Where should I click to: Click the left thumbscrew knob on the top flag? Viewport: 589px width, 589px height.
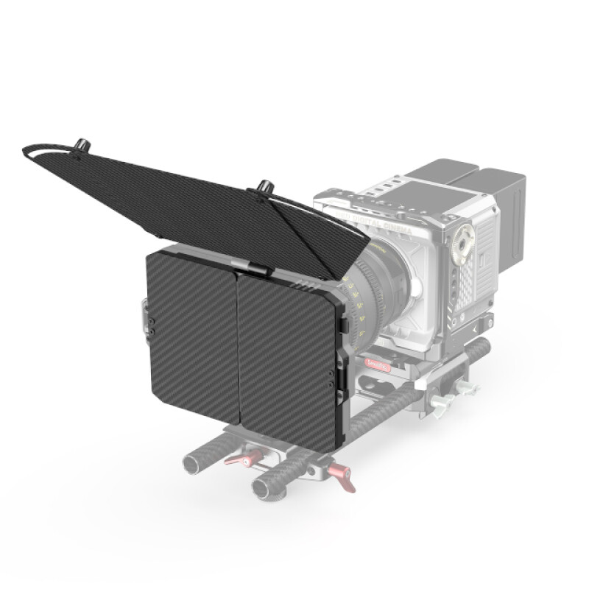click(80, 141)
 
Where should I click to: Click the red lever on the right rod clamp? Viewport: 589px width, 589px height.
click(343, 477)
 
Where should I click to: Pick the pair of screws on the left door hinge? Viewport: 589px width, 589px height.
click(152, 323)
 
